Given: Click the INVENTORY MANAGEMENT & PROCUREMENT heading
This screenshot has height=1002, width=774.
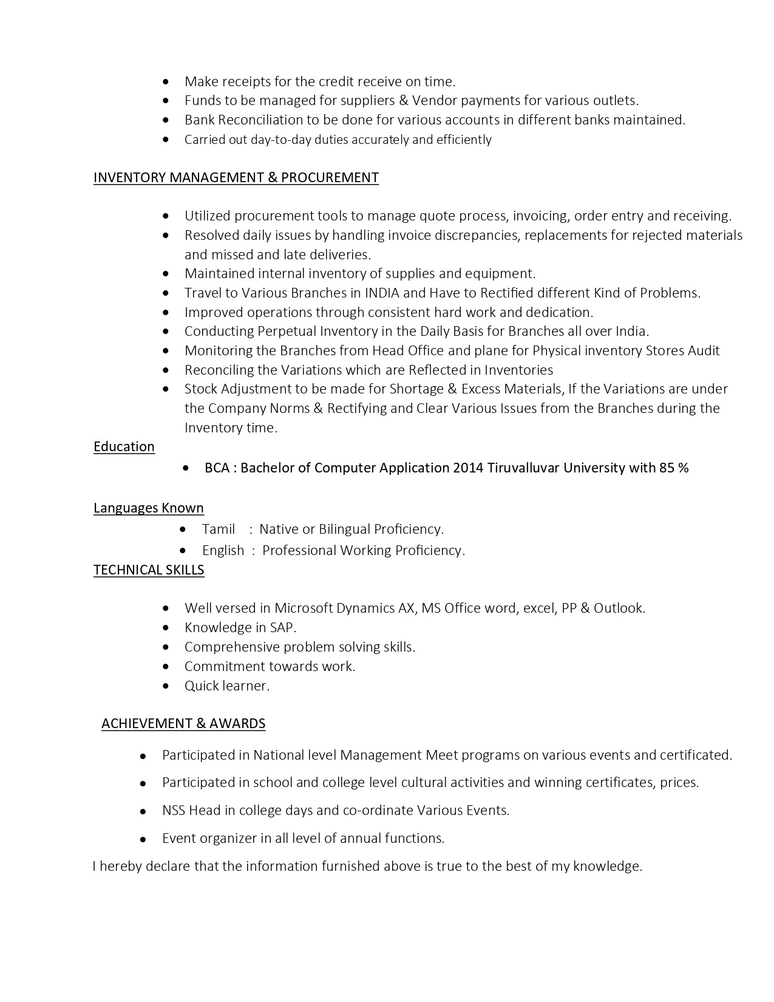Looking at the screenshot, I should point(236,177).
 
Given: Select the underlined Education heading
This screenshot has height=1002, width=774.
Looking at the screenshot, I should point(124,446).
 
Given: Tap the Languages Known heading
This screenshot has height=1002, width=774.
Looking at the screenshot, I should point(149,508).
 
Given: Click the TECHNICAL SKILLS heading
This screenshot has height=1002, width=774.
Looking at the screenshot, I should point(149,570).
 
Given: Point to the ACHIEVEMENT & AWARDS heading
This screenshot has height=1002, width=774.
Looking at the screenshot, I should point(183,723).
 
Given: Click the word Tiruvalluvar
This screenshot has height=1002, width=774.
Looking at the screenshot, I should point(523,468).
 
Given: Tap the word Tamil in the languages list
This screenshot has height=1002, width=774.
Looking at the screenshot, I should point(219,529).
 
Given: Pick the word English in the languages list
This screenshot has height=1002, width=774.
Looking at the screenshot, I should point(223,550).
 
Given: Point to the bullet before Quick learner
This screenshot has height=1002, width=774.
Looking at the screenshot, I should point(166,686).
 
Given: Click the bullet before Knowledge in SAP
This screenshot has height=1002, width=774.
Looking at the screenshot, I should point(166,628).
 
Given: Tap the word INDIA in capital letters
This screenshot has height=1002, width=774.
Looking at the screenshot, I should point(382,293).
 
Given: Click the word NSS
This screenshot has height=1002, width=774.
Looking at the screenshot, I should point(174,810).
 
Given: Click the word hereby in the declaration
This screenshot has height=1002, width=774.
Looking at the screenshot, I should point(120,866).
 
